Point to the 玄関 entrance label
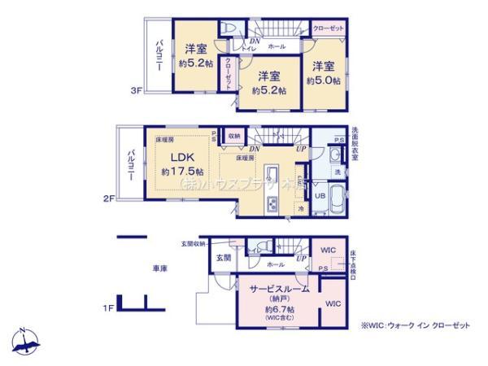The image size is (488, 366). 224,258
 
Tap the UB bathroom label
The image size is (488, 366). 319,196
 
